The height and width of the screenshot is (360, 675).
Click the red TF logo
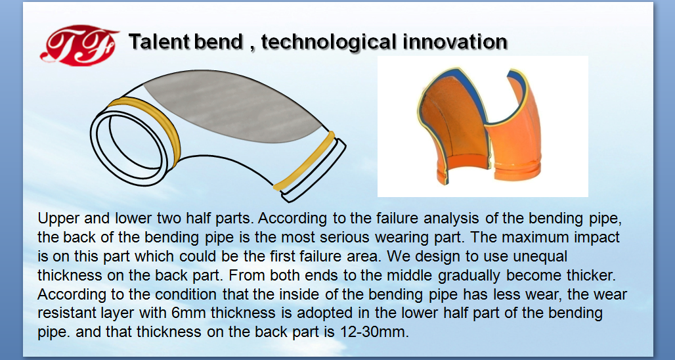[x=79, y=45]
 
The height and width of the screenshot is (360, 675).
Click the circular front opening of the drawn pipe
[x=129, y=146]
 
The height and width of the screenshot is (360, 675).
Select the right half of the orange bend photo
[x=514, y=129]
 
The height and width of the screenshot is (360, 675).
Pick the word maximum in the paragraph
[x=541, y=238]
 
